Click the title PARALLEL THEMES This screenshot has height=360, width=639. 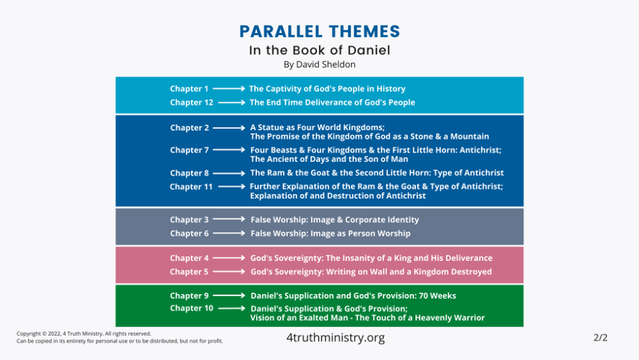pos(319,32)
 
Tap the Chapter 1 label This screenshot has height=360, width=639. pos(189,89)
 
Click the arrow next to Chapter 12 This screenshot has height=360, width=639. pos(231,102)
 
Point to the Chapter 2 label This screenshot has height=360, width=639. pos(190,128)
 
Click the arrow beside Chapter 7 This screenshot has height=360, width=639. pos(229,149)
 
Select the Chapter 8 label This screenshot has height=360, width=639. pos(190,173)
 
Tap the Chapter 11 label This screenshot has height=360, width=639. pos(191,187)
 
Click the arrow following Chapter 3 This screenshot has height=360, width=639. pos(229,219)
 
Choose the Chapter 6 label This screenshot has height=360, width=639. pos(190,233)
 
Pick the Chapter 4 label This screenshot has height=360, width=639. pos(189,258)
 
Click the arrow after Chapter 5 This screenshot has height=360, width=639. pos(229,271)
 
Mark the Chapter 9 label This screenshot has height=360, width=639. pos(189,295)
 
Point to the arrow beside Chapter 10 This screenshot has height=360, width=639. pos(231,308)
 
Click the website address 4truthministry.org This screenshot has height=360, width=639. pos(335,338)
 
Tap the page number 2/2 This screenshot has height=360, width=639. pos(601,338)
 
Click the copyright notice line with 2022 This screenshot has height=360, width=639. pos(84,333)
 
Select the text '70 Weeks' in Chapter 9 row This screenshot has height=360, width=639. pos(438,295)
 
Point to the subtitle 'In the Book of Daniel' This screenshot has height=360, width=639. pos(319,50)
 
